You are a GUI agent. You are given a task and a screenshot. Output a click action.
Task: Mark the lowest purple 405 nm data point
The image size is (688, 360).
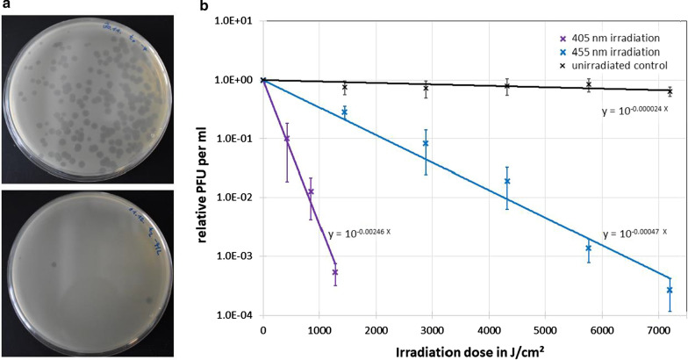335,272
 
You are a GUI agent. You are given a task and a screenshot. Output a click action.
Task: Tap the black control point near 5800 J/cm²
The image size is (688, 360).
588,84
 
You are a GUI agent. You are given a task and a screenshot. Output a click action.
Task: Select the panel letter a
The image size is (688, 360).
6,6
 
